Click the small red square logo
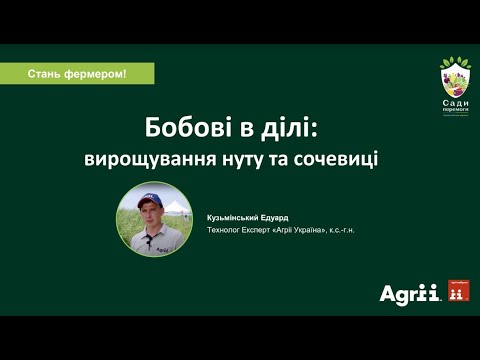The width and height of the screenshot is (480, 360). click(x=459, y=291)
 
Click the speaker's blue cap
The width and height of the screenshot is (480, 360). click(x=149, y=199)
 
